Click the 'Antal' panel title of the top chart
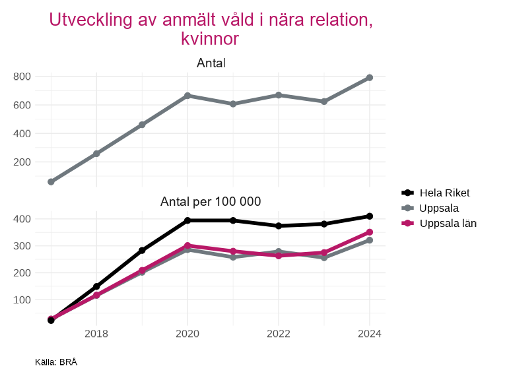click(211, 63)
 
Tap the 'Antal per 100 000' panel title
click(211, 201)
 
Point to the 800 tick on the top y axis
click(22, 77)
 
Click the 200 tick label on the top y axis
click(22, 162)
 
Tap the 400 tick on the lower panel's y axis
click(22, 219)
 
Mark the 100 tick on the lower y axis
click(22, 300)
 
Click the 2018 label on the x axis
click(96, 333)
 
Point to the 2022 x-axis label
click(279, 333)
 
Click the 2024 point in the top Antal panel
click(370, 78)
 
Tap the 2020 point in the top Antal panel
click(187, 96)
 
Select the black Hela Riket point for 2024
click(370, 216)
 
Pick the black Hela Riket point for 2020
click(187, 220)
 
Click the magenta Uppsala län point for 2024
click(370, 232)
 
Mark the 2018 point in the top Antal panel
click(96, 154)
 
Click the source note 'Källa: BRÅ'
click(56, 362)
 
